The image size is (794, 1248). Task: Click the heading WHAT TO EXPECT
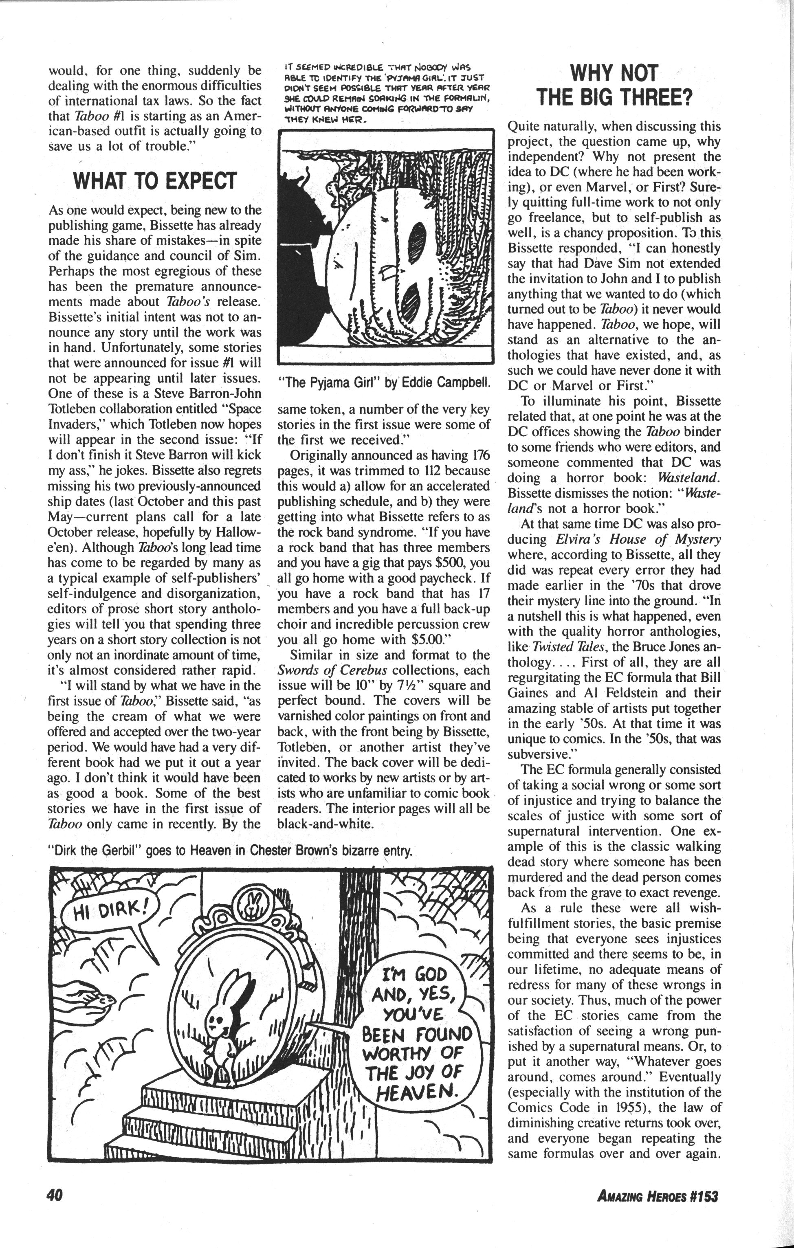(x=155, y=181)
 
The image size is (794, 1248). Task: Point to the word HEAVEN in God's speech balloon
(x=418, y=1093)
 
